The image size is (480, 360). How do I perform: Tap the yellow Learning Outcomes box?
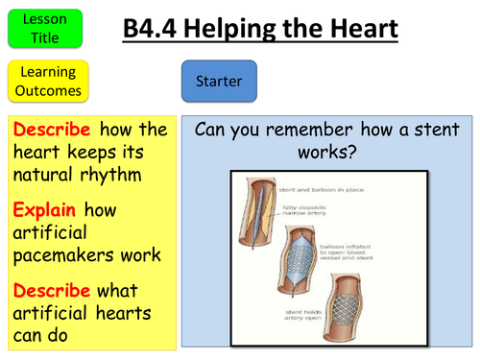(x=47, y=81)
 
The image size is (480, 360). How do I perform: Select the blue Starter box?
(x=219, y=82)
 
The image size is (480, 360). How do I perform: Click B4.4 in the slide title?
(x=156, y=31)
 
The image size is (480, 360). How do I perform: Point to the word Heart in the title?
(x=354, y=31)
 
